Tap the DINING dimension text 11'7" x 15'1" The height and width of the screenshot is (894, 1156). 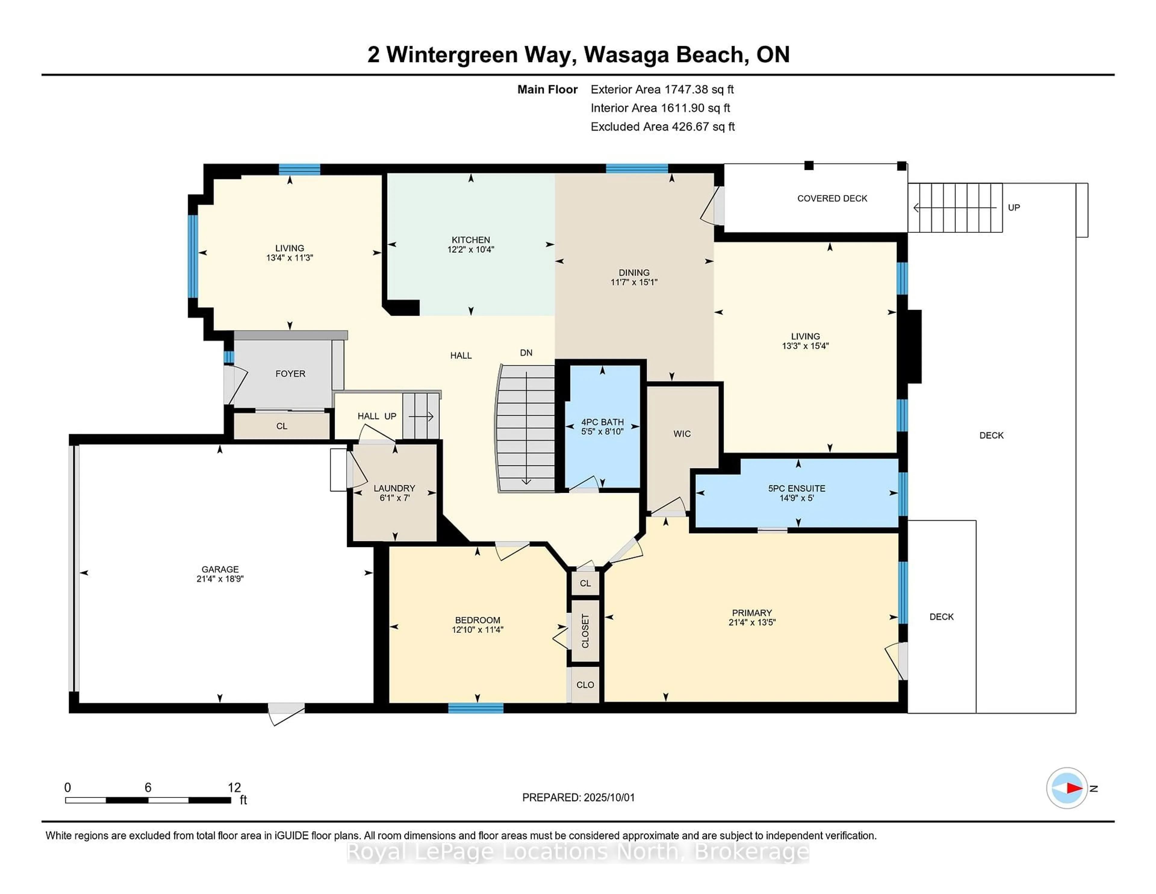(x=634, y=282)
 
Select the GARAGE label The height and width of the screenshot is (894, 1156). (x=220, y=569)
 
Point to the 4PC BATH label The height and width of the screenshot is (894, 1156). (x=602, y=422)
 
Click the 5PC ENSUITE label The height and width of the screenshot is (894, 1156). (x=797, y=488)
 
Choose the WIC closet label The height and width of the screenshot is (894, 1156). (x=682, y=434)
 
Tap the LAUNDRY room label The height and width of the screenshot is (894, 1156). (x=394, y=488)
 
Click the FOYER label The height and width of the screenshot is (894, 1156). (x=290, y=374)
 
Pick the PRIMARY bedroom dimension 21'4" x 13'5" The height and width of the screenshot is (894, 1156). (x=752, y=622)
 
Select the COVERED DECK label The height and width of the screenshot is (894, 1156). (x=832, y=198)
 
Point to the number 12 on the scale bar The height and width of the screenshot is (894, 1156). (x=234, y=788)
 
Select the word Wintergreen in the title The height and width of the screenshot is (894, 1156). (x=452, y=55)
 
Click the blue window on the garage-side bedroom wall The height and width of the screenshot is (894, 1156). (x=475, y=708)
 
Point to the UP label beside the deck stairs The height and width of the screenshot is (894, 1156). (x=1014, y=208)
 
